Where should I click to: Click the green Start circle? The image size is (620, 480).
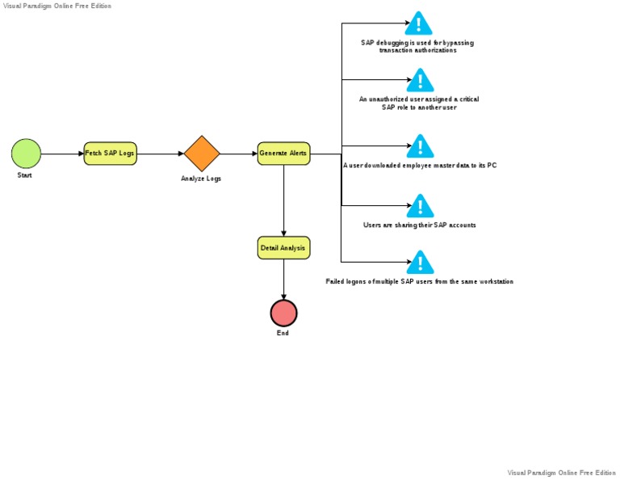[26, 154]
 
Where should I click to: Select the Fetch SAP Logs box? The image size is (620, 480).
[111, 154]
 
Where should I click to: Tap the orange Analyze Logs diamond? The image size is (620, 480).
[202, 154]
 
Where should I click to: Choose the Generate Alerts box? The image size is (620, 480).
[283, 154]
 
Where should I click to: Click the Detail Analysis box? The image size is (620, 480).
[283, 248]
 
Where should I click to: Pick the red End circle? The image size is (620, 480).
[283, 313]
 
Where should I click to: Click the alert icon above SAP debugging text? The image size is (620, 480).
[419, 23]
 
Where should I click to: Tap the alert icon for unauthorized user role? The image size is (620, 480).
[420, 80]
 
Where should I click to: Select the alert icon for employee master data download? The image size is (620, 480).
[420, 146]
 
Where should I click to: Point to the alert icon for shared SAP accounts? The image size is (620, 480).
[420, 206]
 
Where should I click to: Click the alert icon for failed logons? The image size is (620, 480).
[420, 263]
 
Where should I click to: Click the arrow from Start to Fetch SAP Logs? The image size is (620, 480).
[62, 154]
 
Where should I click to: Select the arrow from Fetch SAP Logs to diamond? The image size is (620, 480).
[160, 154]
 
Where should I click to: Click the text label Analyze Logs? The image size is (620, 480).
[201, 179]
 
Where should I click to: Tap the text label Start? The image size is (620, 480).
[25, 175]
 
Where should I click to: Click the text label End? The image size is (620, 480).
[283, 333]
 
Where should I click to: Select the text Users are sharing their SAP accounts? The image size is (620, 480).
[420, 225]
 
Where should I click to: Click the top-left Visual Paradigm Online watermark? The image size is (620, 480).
[57, 6]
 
